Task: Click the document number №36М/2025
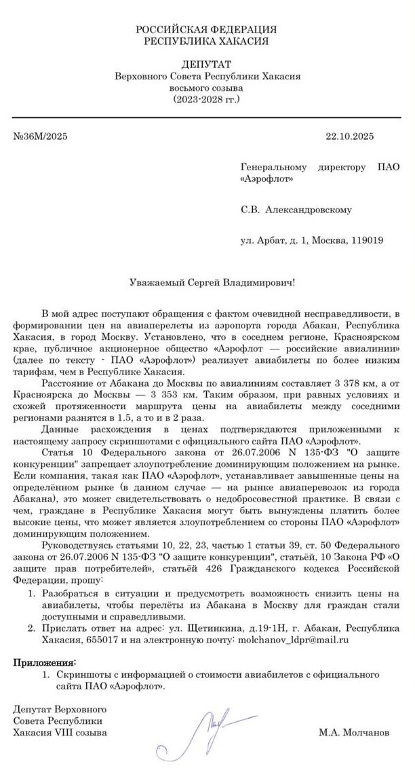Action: tap(41, 135)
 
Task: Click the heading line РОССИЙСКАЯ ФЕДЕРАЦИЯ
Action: tap(206, 30)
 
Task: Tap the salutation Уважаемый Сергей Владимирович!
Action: tap(212, 282)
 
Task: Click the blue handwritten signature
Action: tap(214, 725)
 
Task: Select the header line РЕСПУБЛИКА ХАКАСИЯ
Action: tap(206, 41)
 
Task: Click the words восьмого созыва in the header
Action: tap(206, 87)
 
